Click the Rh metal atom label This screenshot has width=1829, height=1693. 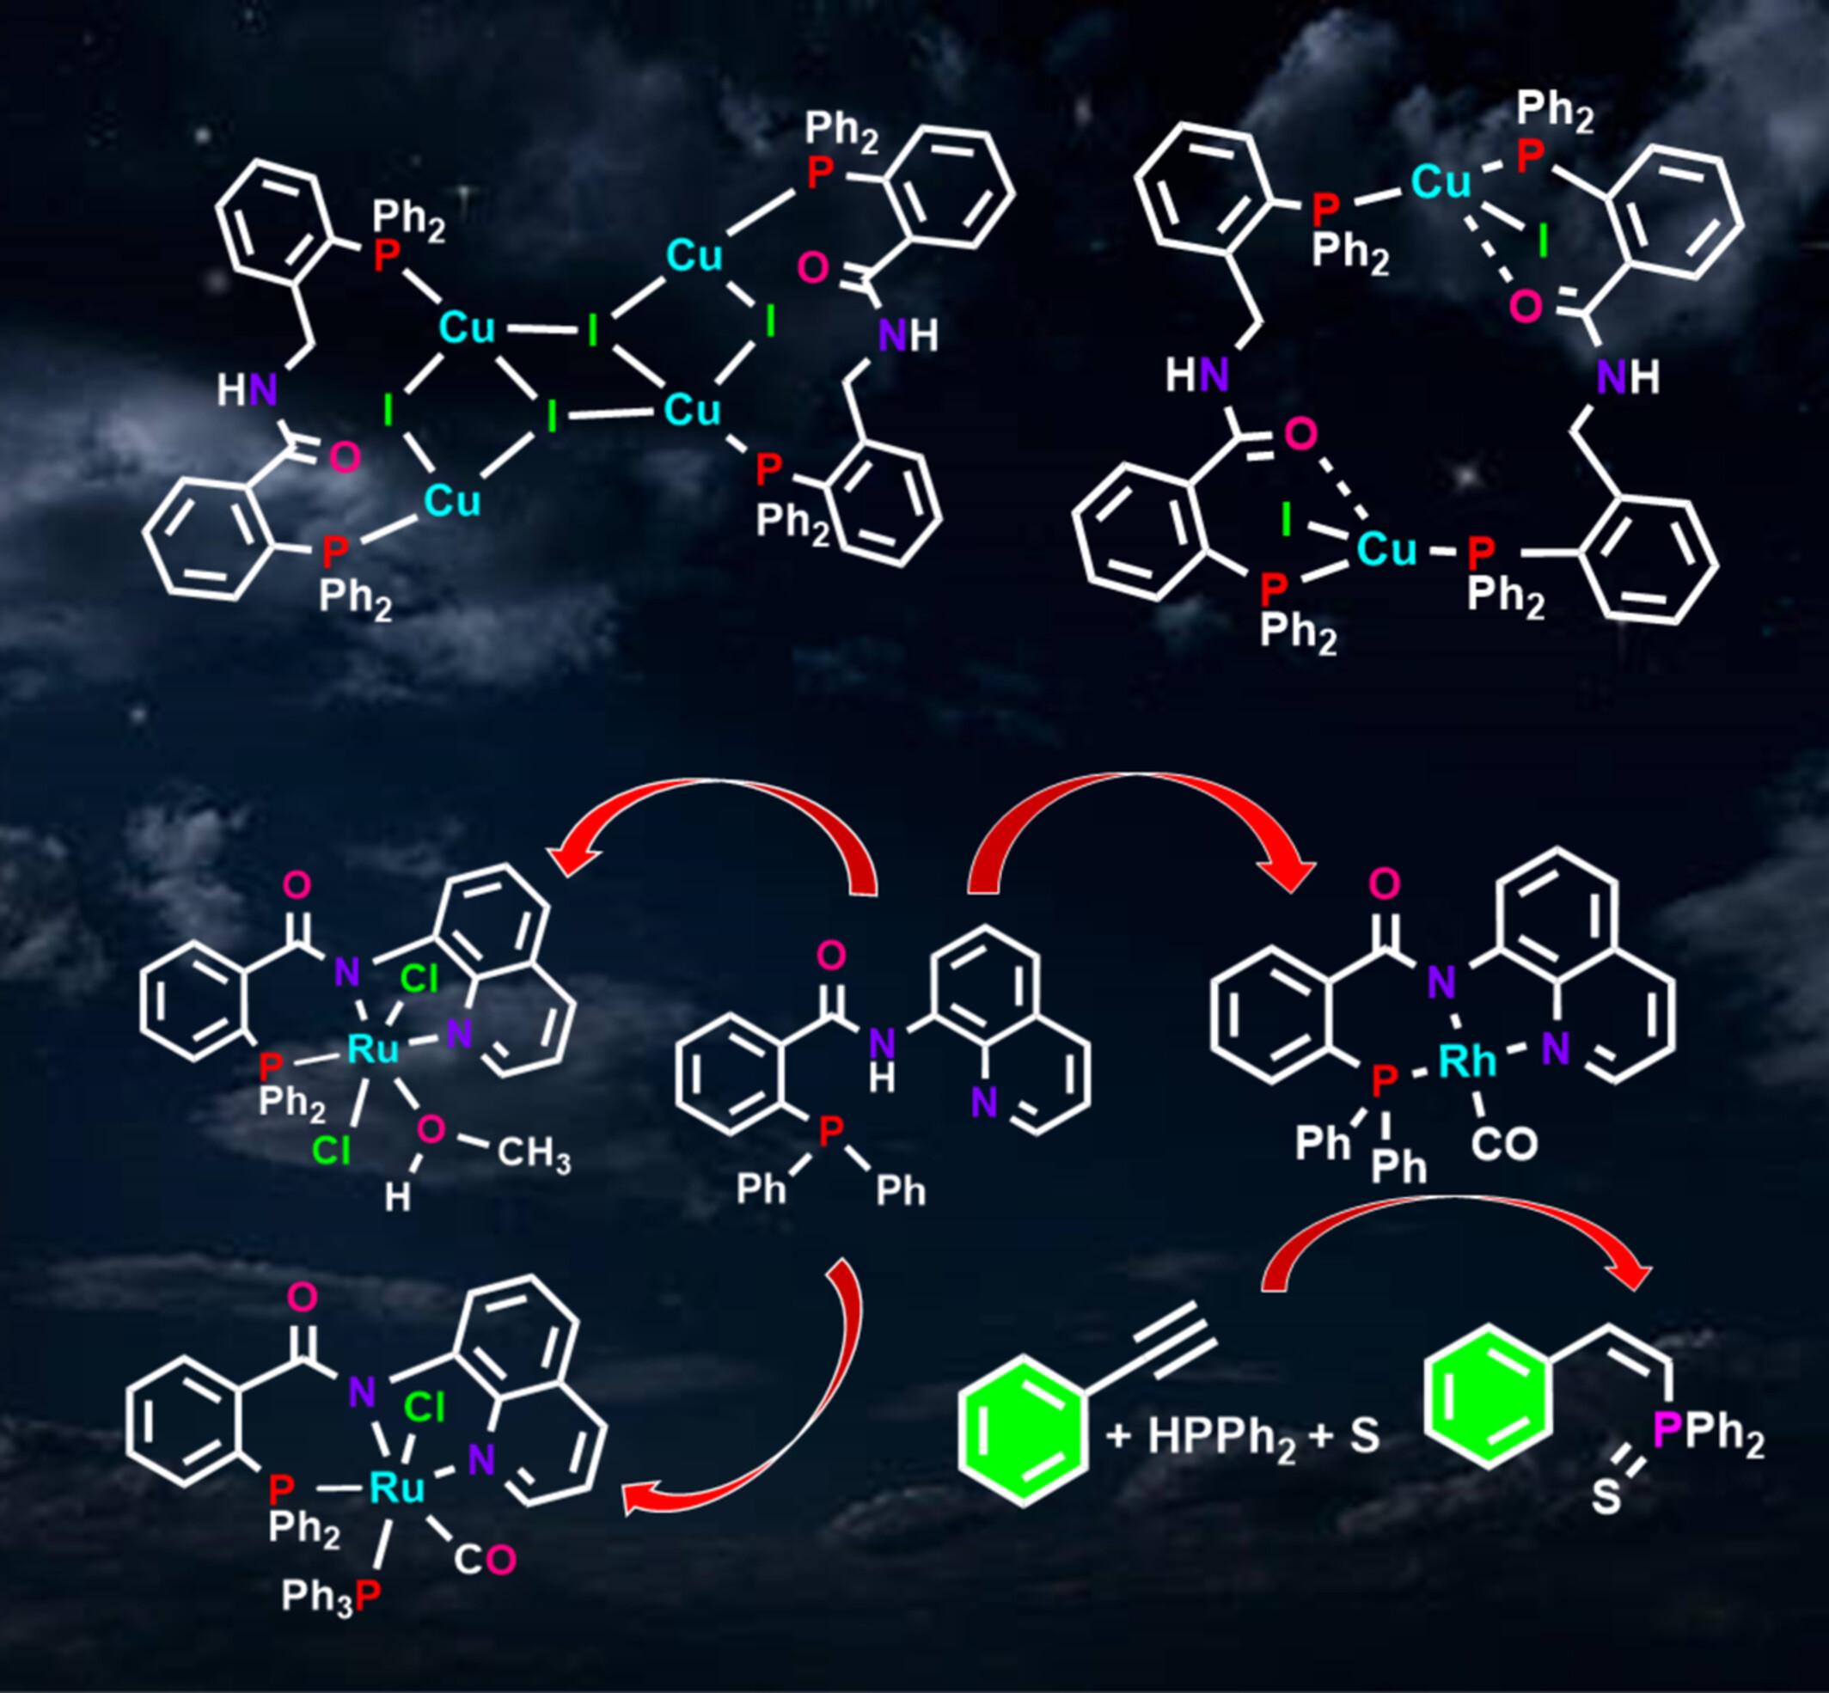(1467, 1060)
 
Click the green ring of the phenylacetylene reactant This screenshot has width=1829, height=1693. (1022, 1434)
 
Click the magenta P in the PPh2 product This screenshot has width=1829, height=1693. (1667, 1431)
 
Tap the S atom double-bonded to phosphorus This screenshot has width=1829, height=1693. (1605, 1499)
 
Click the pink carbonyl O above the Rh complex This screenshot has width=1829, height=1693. (1386, 884)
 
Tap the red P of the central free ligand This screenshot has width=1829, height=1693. (830, 1133)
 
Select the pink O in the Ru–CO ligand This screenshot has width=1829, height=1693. (500, 1560)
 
